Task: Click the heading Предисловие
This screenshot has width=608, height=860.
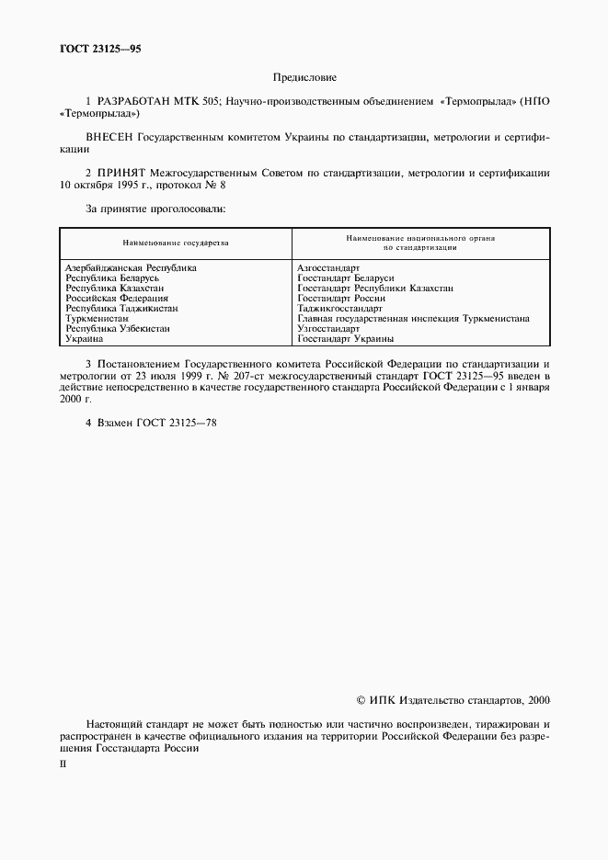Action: click(x=304, y=78)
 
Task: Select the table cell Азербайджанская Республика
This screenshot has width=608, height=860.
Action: click(x=131, y=268)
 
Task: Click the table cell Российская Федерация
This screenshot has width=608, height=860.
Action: click(x=117, y=299)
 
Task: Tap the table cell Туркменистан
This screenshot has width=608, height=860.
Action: click(x=97, y=319)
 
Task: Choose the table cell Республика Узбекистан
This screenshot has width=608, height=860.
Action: click(x=118, y=329)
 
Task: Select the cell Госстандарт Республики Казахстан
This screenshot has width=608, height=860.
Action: click(x=375, y=289)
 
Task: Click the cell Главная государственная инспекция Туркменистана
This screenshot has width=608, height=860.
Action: click(x=413, y=319)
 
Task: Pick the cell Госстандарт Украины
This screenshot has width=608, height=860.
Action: click(x=346, y=339)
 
